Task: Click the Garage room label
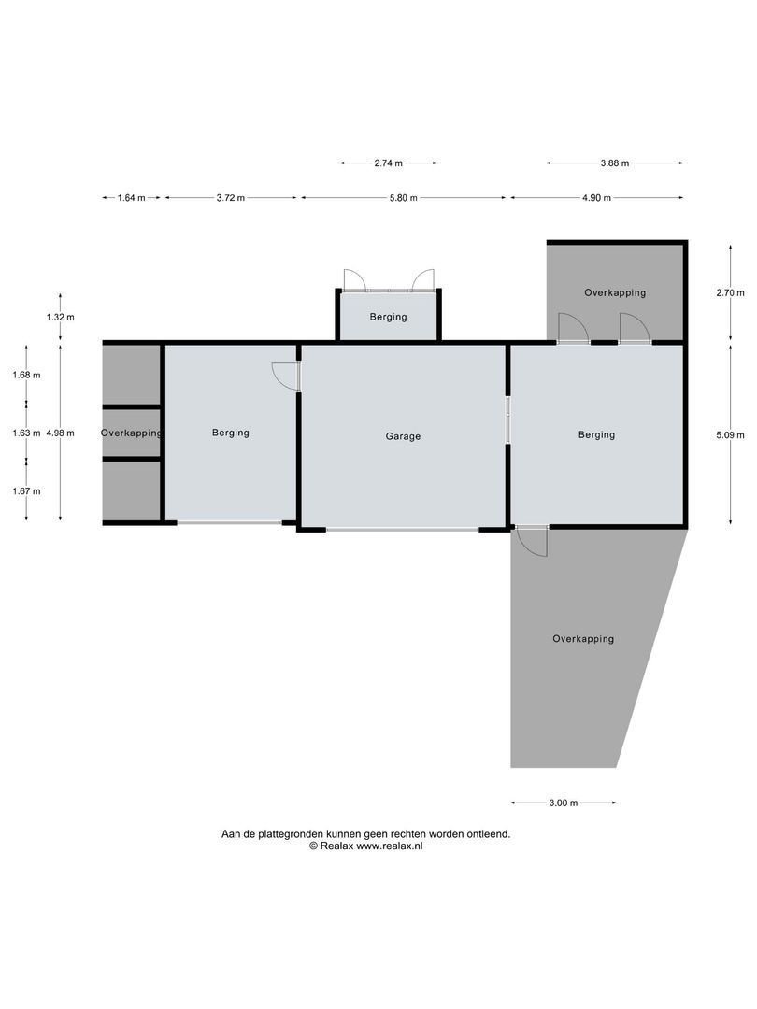403,436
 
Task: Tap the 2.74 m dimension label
388,163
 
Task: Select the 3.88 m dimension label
614,163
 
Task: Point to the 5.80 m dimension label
402,198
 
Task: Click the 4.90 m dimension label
596,198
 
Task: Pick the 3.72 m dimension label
230,198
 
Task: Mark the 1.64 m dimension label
131,198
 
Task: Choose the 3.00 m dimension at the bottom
563,803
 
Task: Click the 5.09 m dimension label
731,433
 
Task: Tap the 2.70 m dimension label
731,292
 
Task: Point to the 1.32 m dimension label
60,318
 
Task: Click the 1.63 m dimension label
25,433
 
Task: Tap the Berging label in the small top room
388,317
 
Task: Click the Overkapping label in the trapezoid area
583,639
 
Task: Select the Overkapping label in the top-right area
615,292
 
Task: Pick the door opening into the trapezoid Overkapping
533,542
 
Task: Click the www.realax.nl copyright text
366,846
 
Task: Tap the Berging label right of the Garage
596,434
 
